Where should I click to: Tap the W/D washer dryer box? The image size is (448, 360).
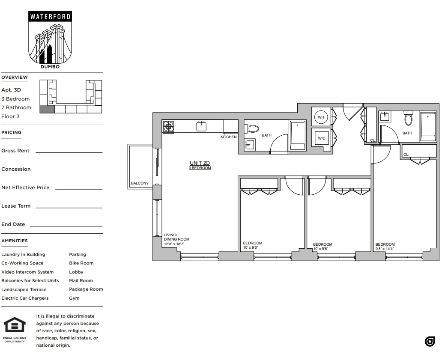coord(321,138)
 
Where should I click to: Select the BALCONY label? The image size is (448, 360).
coord(140,183)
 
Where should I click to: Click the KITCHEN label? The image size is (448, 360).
coord(228,137)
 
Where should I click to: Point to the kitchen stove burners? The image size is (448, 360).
coord(168,126)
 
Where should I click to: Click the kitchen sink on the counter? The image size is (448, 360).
coord(201,126)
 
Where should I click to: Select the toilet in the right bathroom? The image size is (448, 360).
coord(408,119)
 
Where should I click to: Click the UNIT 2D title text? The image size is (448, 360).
coord(200,163)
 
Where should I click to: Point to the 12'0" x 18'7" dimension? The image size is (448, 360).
coord(176,244)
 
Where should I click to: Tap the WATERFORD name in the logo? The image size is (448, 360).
coord(51,18)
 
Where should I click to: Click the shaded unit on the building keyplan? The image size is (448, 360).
coord(47,109)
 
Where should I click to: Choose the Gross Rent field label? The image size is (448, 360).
coord(15,151)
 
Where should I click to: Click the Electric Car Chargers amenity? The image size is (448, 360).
coord(25,298)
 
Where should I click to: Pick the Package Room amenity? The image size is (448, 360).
coord(86,289)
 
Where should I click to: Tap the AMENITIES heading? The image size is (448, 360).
coord(15,241)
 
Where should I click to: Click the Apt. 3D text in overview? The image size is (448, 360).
coord(11,90)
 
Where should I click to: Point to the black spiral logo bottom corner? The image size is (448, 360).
coord(430,341)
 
